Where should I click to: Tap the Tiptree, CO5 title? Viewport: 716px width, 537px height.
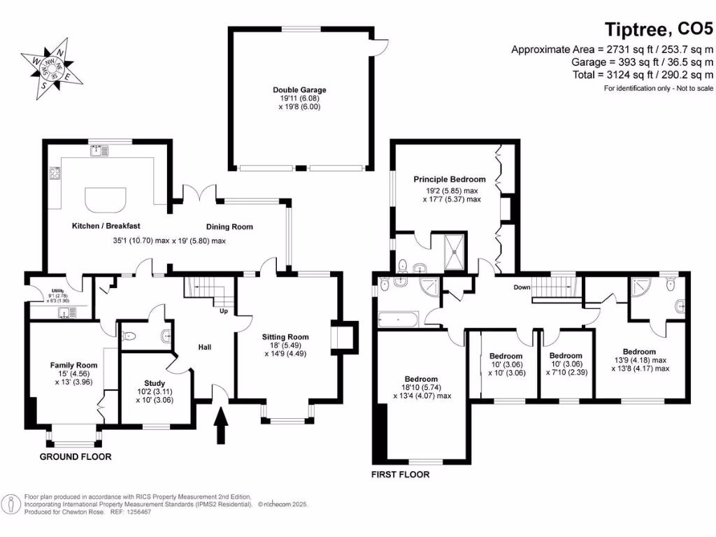(x=658, y=29)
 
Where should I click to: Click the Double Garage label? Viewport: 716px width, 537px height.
(x=299, y=90)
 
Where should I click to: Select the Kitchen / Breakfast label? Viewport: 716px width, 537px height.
(x=107, y=226)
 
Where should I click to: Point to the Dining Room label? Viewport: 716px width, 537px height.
(x=229, y=227)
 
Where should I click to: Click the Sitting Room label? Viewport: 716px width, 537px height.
(x=286, y=337)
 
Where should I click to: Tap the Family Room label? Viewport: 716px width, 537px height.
(x=73, y=365)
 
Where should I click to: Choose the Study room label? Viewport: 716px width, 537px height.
(x=155, y=383)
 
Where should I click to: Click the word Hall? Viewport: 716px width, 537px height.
(x=204, y=347)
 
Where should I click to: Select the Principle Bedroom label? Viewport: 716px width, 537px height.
(x=449, y=180)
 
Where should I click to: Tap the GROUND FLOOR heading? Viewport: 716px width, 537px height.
(x=76, y=457)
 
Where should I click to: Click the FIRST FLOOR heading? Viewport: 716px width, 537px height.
(x=400, y=475)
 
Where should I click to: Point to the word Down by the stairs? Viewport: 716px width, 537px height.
(x=522, y=287)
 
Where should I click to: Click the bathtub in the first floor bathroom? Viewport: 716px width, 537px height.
(x=398, y=320)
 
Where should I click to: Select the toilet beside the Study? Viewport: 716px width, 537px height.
(x=129, y=337)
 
